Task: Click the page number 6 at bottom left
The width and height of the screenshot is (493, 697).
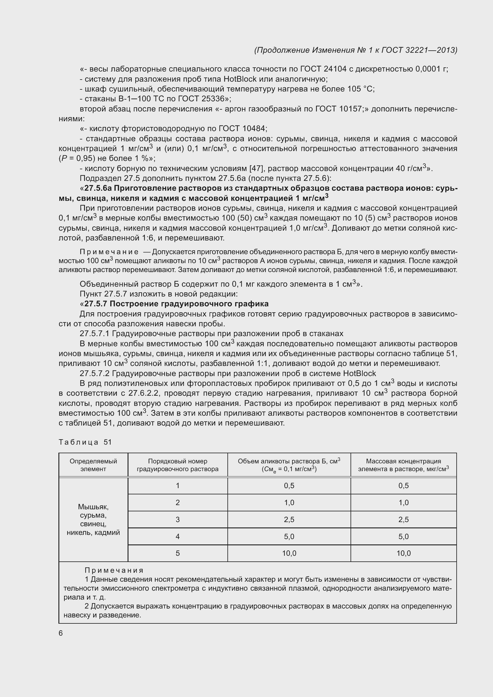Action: (x=61, y=633)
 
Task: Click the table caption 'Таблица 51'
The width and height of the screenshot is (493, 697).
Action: (x=85, y=442)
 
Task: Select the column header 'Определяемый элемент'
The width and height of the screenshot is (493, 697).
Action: (x=93, y=465)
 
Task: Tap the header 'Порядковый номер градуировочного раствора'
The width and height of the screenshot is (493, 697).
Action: (x=178, y=465)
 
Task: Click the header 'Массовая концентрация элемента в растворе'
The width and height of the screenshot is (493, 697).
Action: (x=404, y=465)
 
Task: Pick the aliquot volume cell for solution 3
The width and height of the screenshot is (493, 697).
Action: (x=289, y=519)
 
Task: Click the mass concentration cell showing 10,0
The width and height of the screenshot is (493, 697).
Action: (x=404, y=553)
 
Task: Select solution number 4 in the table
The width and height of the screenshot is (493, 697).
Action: (x=178, y=536)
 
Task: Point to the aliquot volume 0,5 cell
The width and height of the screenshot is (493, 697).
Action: (x=289, y=486)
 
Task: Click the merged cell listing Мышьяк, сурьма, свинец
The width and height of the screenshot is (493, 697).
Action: (x=93, y=519)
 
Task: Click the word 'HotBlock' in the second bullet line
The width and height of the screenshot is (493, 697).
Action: (x=240, y=79)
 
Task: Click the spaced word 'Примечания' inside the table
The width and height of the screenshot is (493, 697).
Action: (x=114, y=570)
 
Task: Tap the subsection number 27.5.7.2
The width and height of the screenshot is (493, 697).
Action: (x=94, y=373)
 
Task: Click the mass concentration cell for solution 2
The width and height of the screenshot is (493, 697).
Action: (x=404, y=503)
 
